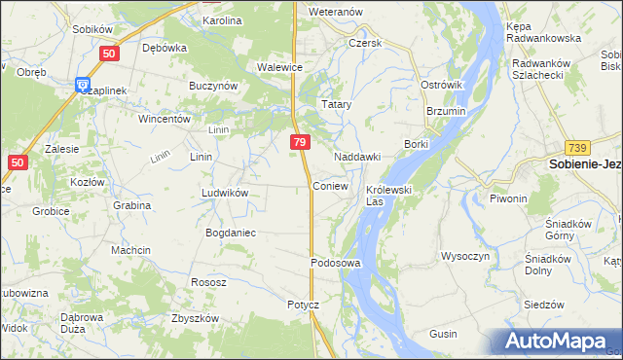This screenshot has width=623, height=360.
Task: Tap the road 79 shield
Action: [x=300, y=143]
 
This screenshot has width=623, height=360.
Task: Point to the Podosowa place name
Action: [x=336, y=263]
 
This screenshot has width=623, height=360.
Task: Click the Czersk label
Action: [x=366, y=43]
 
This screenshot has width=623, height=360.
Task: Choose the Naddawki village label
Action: [x=356, y=157]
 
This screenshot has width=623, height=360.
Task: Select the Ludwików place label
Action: [x=225, y=193]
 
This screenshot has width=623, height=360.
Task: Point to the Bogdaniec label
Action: [x=230, y=233]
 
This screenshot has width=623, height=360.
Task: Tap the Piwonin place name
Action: [x=508, y=198]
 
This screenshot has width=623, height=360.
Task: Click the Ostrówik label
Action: [x=441, y=86]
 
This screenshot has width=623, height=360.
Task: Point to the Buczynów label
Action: [x=215, y=86]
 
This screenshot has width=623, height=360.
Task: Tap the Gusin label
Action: [x=443, y=334]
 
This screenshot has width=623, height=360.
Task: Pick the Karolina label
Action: [x=222, y=19]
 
